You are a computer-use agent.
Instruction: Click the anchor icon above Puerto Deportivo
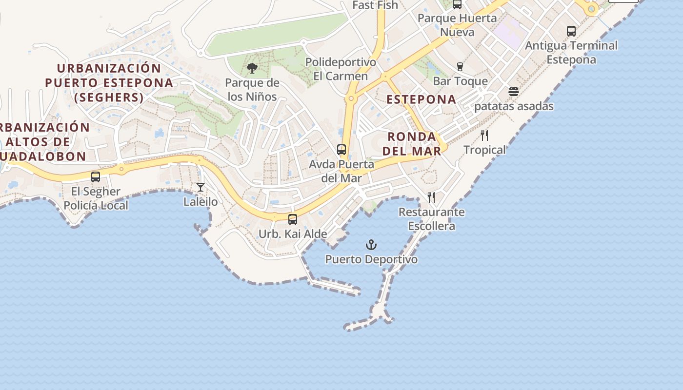tap(372, 244)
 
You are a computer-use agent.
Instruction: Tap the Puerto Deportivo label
tap(371, 259)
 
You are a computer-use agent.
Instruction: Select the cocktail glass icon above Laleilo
tap(201, 187)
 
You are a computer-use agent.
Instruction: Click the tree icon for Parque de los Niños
tap(252, 68)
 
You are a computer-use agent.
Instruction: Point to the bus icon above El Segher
tap(96, 177)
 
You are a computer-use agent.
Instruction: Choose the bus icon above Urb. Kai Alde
tap(293, 219)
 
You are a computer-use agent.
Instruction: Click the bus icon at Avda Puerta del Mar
tap(341, 150)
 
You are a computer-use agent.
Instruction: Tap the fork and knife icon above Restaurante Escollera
tap(431, 197)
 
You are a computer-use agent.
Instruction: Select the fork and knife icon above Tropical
tap(484, 136)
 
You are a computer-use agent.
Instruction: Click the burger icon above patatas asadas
tap(513, 92)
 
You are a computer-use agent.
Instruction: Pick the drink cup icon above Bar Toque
tap(460, 67)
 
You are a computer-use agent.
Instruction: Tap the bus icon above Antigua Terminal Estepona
tap(571, 31)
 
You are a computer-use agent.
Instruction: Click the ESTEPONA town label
tap(422, 99)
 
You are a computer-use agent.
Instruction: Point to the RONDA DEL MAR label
tap(412, 144)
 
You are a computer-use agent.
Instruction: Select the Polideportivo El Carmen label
tap(341, 69)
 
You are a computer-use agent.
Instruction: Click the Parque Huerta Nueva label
tap(457, 25)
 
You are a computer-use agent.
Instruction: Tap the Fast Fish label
tap(375, 5)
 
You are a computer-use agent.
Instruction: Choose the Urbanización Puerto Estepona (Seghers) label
tap(109, 82)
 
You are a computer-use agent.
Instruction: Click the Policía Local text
tap(96, 205)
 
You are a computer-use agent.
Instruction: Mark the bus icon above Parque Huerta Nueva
tap(457, 4)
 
